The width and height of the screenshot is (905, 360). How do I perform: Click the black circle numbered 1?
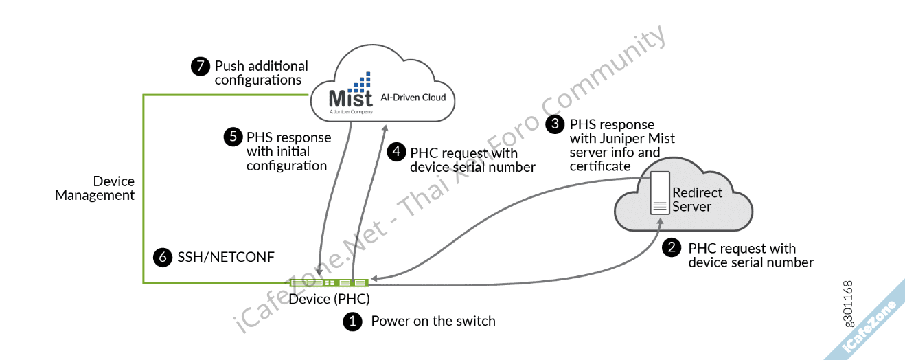[x=352, y=322]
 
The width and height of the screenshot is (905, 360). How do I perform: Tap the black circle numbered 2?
[x=671, y=248]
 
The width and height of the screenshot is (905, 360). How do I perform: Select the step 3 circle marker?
[x=554, y=124]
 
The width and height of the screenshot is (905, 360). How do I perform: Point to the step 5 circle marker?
[x=233, y=137]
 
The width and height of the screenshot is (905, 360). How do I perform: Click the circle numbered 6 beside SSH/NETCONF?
[x=163, y=257]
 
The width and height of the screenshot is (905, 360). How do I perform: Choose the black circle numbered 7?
[x=200, y=66]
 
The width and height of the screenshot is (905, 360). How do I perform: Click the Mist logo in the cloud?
[x=350, y=94]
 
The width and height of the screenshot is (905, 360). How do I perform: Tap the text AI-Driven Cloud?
[x=413, y=98]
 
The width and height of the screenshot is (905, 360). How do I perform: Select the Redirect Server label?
[x=696, y=200]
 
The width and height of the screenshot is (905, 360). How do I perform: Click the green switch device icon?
[x=329, y=282]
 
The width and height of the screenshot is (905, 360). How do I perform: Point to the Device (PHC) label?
[x=329, y=299]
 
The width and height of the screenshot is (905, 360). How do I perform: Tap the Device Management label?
[x=95, y=188]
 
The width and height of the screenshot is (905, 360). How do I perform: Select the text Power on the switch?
[x=433, y=321]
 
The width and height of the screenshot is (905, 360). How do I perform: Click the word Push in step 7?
[x=229, y=66]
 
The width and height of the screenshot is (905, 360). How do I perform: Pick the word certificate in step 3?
[x=599, y=166]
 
